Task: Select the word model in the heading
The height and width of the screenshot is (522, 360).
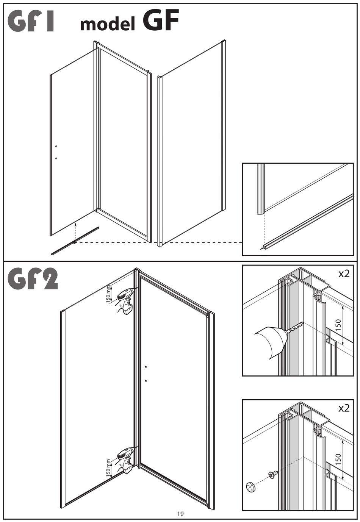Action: click(x=108, y=25)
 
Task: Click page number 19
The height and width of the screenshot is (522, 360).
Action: click(x=180, y=514)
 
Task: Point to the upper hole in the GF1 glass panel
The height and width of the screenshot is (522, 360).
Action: click(x=56, y=146)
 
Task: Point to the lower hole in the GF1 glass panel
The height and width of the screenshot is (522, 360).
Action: click(x=56, y=158)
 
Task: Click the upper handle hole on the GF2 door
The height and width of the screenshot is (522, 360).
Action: click(x=146, y=367)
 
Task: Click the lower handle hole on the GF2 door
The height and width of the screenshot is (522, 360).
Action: click(x=146, y=380)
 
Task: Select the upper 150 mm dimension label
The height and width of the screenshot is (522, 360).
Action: click(x=109, y=294)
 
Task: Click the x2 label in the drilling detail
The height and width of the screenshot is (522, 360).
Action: click(x=343, y=274)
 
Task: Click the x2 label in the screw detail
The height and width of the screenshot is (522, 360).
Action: click(x=343, y=408)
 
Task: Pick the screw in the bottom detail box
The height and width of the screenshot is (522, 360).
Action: click(x=273, y=474)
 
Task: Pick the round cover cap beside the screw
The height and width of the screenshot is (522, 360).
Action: click(x=250, y=487)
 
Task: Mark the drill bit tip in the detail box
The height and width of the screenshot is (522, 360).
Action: click(x=302, y=324)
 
